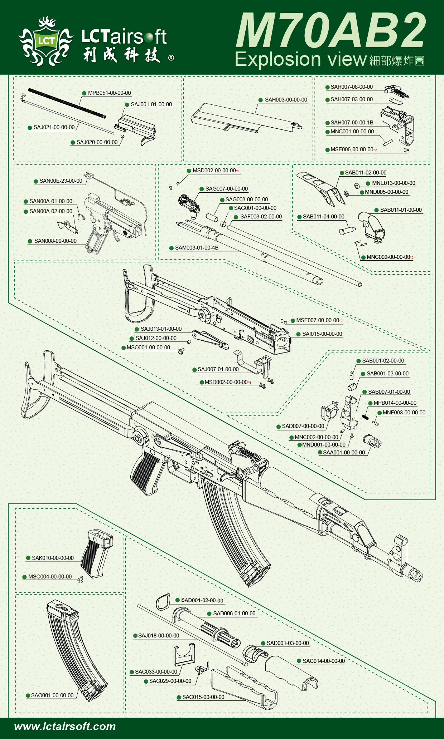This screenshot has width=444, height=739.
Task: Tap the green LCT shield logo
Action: (x=46, y=41)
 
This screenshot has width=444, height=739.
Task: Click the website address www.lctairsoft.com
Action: (x=65, y=726)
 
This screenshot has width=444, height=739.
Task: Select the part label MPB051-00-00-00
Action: (x=109, y=93)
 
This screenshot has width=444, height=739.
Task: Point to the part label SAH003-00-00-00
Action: (x=286, y=100)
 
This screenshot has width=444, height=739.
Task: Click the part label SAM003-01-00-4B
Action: (x=197, y=248)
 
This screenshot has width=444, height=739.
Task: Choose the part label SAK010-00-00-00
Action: (x=53, y=558)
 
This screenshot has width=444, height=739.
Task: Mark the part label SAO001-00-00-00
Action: (x=52, y=695)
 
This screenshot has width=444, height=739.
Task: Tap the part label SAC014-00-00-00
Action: (x=324, y=661)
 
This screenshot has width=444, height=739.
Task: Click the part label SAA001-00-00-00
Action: (x=344, y=453)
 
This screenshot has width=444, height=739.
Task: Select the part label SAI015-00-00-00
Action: (x=322, y=334)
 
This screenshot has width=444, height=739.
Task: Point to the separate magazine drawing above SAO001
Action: (x=75, y=647)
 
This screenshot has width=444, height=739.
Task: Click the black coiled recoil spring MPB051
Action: (x=67, y=103)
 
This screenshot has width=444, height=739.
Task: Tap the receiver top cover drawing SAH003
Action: (x=243, y=118)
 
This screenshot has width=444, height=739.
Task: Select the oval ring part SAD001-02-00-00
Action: (x=163, y=602)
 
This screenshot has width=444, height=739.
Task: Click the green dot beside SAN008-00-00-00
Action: (x=30, y=241)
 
